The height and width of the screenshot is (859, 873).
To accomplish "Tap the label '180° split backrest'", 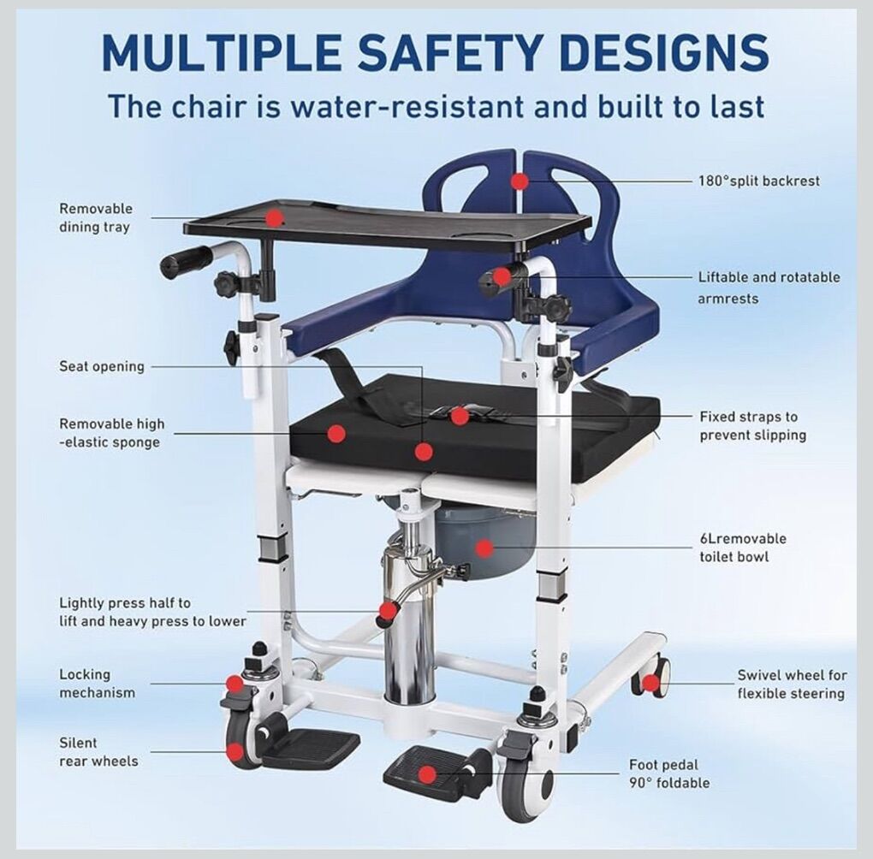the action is [x=759, y=181].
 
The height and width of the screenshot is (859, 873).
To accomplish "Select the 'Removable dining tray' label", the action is [x=96, y=217].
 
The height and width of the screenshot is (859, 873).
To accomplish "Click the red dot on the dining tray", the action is [x=274, y=217].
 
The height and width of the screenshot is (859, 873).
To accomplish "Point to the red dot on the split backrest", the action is [x=520, y=181].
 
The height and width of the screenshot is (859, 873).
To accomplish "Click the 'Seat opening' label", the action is [x=102, y=366].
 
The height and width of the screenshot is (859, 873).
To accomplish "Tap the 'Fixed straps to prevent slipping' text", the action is [x=752, y=426].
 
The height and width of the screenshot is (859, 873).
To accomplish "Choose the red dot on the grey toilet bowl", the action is [x=485, y=548].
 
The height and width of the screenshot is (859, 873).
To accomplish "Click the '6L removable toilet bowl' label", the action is [x=743, y=548].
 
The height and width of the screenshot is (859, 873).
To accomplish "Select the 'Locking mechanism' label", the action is [x=97, y=684].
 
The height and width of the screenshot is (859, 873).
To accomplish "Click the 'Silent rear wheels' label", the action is [x=98, y=752].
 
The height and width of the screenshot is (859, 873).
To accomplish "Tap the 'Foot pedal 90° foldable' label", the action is [x=669, y=773].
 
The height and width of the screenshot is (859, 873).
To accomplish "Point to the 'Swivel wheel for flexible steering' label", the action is [x=792, y=684].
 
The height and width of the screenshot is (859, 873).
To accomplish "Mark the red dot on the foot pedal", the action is [x=428, y=774].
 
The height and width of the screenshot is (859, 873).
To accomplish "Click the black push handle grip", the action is [x=186, y=262].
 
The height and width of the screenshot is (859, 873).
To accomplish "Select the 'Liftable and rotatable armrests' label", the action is [x=769, y=287].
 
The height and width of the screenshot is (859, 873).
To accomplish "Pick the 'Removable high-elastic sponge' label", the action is [x=112, y=433].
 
